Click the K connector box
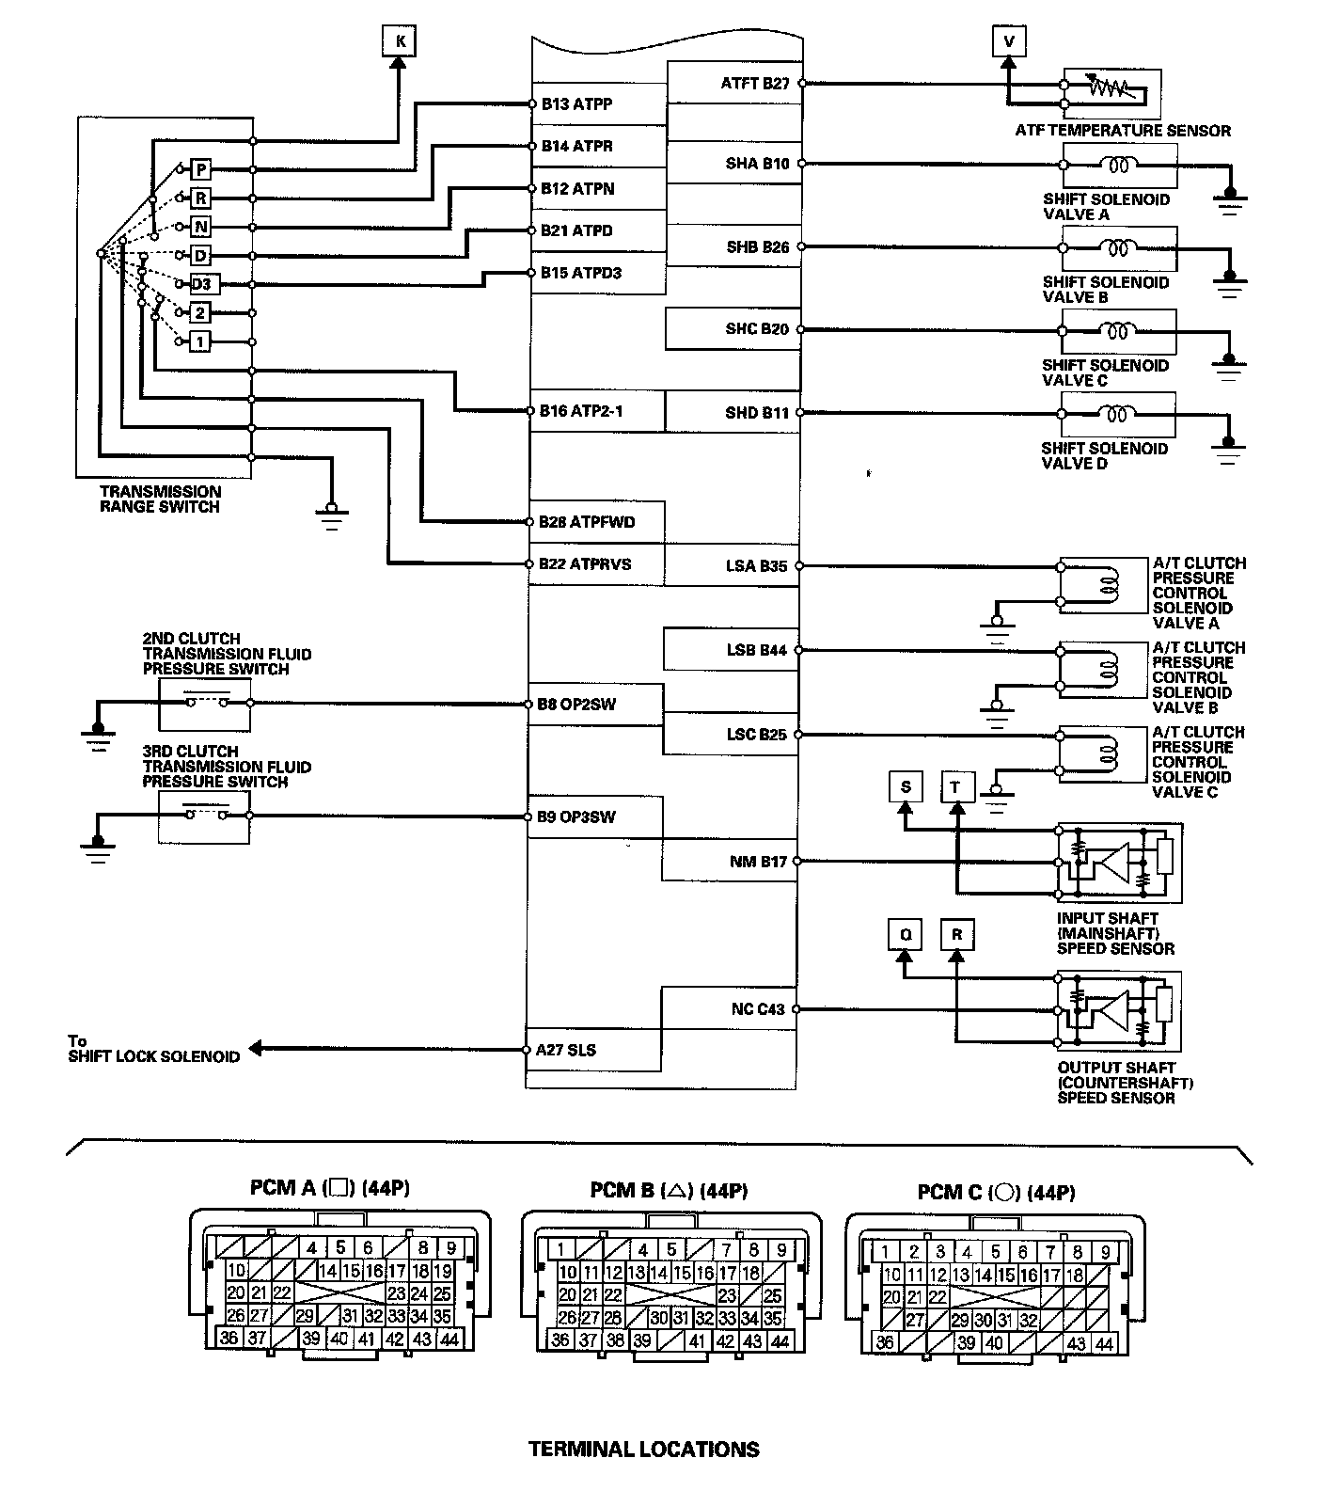(x=400, y=41)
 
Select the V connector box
(x=1009, y=41)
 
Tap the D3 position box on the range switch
(x=203, y=284)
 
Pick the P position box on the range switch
(x=201, y=169)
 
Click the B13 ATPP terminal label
(x=576, y=104)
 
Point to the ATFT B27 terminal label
(x=755, y=84)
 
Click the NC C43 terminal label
(x=758, y=1009)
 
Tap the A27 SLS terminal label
(x=566, y=1050)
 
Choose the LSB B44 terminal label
(x=756, y=650)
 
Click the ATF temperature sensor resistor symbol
(x=1112, y=88)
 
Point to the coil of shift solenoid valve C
(x=1118, y=330)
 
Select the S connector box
(x=906, y=787)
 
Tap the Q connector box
(x=906, y=935)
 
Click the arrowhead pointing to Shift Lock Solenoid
(x=256, y=1050)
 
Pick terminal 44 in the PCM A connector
(x=449, y=1339)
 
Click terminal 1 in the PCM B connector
(x=560, y=1250)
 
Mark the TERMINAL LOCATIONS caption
(x=644, y=1450)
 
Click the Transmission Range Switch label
(x=160, y=499)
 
